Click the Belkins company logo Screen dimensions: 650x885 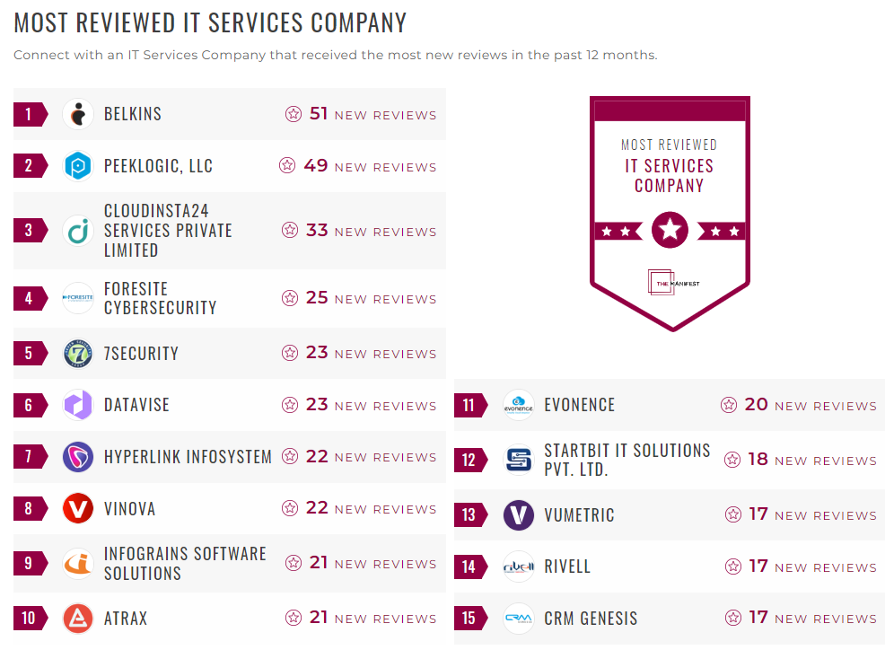[x=79, y=114]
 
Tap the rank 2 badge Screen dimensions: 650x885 [x=29, y=166]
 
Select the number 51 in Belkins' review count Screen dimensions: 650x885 [x=319, y=114]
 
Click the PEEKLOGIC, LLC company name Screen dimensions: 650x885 [x=158, y=166]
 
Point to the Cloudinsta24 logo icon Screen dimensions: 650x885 [x=79, y=231]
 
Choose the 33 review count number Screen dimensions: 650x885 [x=317, y=231]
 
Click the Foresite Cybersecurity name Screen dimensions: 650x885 [x=160, y=298]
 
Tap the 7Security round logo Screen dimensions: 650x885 [x=79, y=354]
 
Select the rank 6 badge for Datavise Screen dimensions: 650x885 [x=29, y=405]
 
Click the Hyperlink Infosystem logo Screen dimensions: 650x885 [x=79, y=457]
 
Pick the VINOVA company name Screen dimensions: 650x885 [x=129, y=509]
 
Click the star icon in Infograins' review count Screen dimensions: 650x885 [x=294, y=563]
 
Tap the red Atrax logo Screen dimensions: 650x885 [x=79, y=619]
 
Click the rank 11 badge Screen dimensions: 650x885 [x=469, y=405]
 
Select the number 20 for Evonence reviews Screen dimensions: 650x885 [x=757, y=405]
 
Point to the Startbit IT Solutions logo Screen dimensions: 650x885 [x=519, y=460]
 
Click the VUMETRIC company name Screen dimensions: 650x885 [x=579, y=515]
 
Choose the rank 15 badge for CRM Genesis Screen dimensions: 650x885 [x=469, y=619]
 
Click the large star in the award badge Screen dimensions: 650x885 [x=670, y=231]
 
